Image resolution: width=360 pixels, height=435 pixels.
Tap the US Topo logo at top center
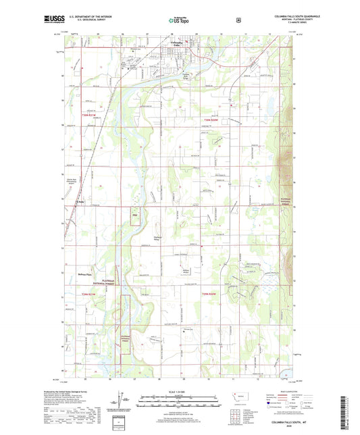pos(179,21)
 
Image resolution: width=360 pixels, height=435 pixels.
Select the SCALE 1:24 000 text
pos(180,392)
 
